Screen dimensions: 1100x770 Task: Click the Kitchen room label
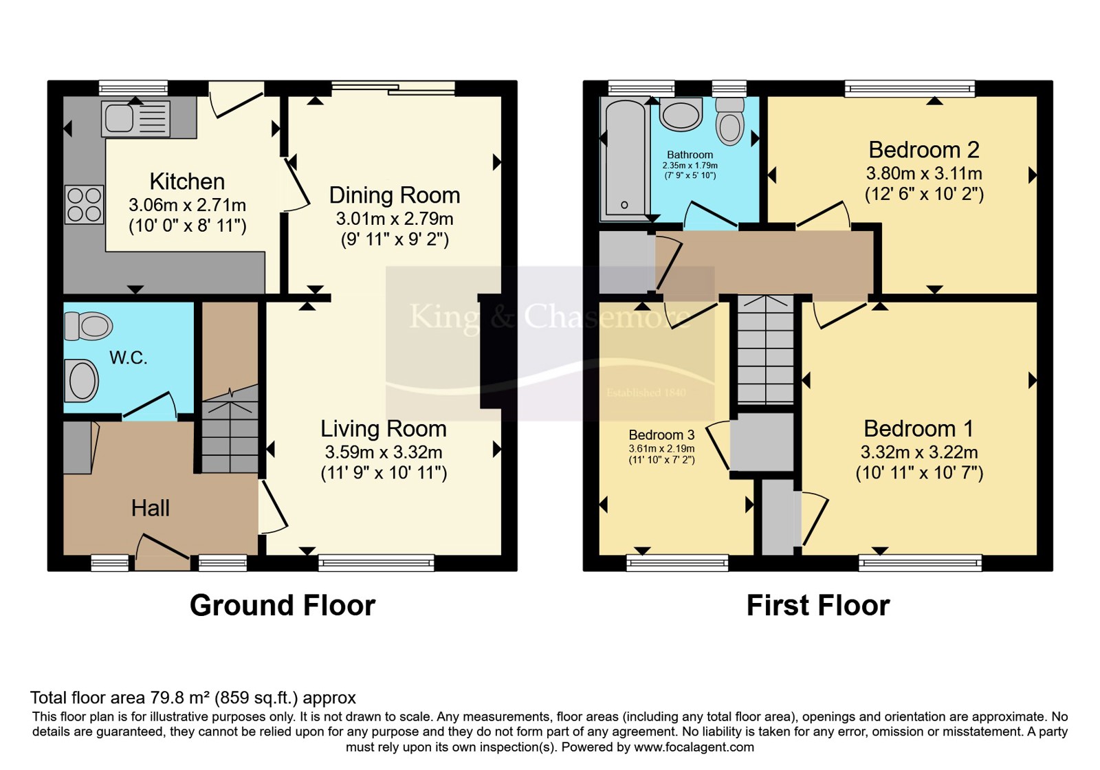(187, 181)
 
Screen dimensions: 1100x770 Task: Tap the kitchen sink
(135, 118)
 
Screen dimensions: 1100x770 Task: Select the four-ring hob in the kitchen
(85, 204)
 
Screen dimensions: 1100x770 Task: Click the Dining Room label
(395, 195)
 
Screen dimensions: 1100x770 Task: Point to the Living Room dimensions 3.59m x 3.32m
(384, 452)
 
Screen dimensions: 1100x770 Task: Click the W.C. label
(128, 357)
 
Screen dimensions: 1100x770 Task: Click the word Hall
(151, 508)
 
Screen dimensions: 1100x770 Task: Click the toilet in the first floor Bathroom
(729, 121)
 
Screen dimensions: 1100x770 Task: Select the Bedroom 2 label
(924, 150)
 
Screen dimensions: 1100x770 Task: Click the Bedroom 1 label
(918, 429)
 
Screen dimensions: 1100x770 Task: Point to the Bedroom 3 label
(661, 434)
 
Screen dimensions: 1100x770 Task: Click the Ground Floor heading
(283, 605)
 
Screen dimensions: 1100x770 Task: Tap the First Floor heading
(818, 605)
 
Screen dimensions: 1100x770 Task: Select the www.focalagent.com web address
(694, 747)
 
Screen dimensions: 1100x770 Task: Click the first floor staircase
(766, 349)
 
